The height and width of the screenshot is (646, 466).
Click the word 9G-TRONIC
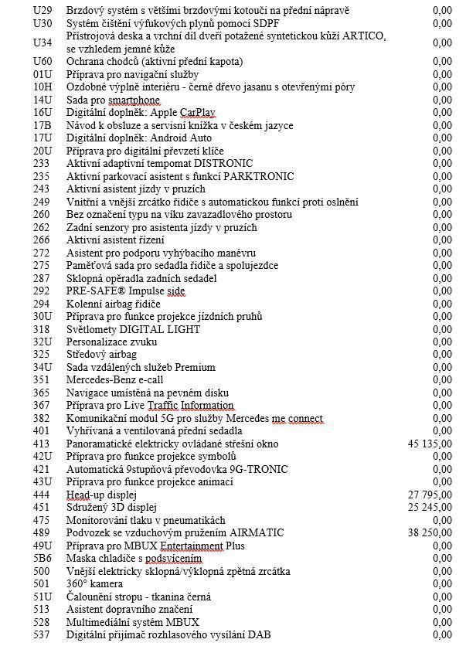[260, 470]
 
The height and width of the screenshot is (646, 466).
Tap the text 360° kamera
[95, 584]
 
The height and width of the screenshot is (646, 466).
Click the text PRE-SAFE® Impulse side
[125, 291]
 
